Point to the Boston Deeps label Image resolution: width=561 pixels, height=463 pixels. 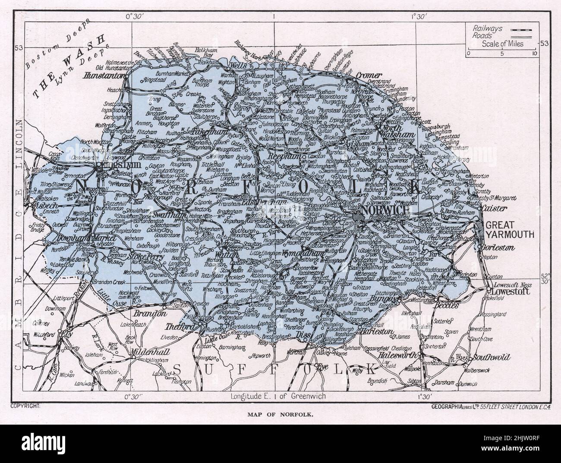point(56,42)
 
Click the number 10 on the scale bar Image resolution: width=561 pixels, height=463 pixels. point(534,53)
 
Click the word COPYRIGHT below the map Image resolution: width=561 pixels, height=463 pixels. point(25,406)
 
